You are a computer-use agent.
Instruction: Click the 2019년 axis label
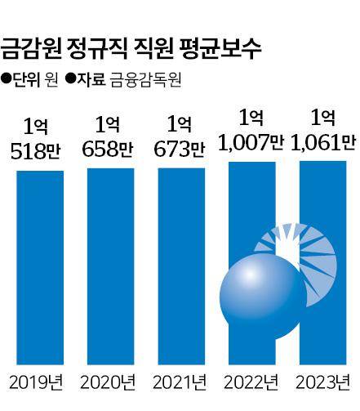(37, 381)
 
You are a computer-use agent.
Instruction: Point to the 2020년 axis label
(109, 381)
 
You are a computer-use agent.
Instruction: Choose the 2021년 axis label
(180, 381)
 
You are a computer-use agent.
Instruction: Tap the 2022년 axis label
(251, 381)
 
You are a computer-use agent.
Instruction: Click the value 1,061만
(322, 144)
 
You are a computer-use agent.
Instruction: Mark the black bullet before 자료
(70, 80)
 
